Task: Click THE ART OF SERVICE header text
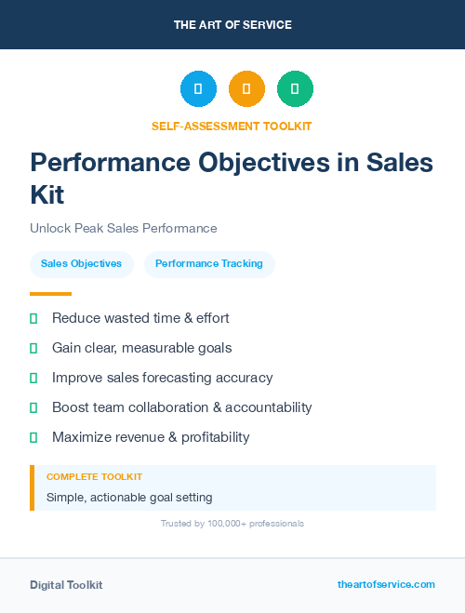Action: click(232, 25)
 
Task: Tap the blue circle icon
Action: click(198, 88)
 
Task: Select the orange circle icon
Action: click(246, 88)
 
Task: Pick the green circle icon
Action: click(295, 88)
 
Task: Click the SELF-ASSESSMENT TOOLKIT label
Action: click(232, 126)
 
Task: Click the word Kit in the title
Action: click(47, 194)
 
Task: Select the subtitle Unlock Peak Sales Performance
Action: click(123, 228)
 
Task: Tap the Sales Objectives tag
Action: click(82, 263)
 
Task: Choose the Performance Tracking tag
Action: click(209, 263)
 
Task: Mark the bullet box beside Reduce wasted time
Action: click(33, 318)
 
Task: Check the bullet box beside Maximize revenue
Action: click(33, 437)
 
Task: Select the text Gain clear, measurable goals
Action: click(141, 348)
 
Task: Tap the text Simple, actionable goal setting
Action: click(129, 498)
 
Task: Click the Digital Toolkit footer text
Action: click(66, 585)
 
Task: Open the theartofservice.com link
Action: click(386, 584)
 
